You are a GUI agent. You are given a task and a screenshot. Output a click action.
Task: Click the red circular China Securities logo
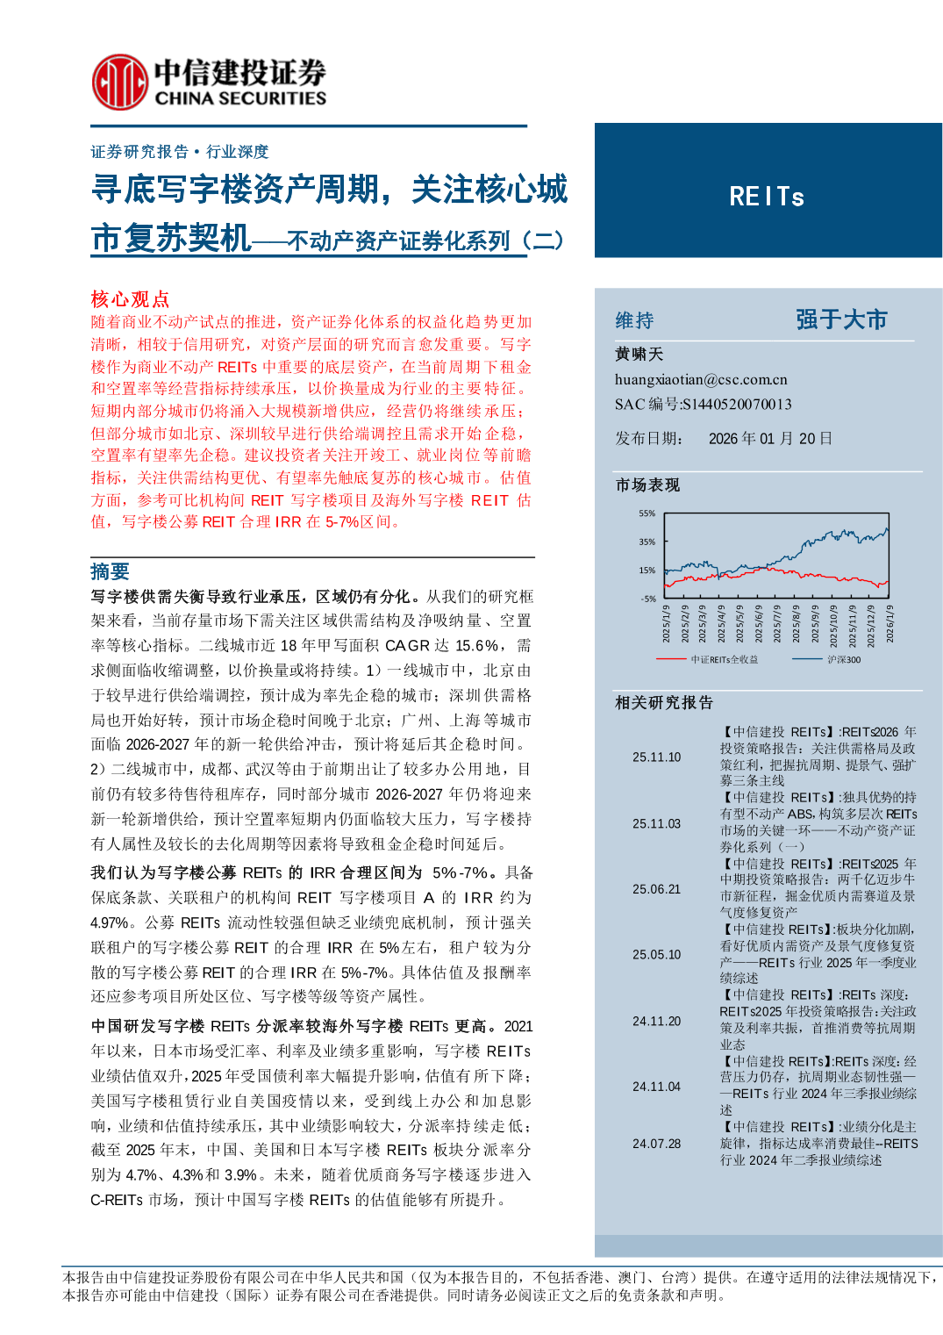pyautogui.click(x=119, y=83)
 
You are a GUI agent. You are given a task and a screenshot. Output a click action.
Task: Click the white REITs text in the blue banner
pyautogui.click(x=767, y=197)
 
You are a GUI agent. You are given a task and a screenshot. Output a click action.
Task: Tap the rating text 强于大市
pyautogui.click(x=841, y=319)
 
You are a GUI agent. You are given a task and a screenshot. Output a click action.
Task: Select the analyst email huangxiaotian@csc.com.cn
pyautogui.click(x=701, y=380)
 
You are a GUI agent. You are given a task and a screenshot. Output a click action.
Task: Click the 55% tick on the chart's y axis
pyautogui.click(x=647, y=513)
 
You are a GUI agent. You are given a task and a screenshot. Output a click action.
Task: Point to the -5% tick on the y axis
pyautogui.click(x=647, y=599)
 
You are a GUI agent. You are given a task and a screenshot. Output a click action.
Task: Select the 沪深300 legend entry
pyautogui.click(x=843, y=659)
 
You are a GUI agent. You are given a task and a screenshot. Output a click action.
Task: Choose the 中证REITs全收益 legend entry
pyautogui.click(x=723, y=659)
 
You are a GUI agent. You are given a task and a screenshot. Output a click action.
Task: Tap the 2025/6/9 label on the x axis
pyautogui.click(x=759, y=624)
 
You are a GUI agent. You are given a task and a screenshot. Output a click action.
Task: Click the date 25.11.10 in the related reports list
pyautogui.click(x=656, y=757)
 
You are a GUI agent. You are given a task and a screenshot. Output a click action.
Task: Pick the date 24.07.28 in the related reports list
pyautogui.click(x=656, y=1144)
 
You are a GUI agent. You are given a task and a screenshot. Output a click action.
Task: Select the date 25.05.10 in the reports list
pyautogui.click(x=656, y=955)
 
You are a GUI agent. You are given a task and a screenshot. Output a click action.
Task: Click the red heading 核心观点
pyautogui.click(x=130, y=299)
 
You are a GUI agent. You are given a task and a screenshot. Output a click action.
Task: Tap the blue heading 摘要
pyautogui.click(x=110, y=572)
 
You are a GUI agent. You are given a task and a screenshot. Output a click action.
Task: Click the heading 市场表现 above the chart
pyautogui.click(x=647, y=485)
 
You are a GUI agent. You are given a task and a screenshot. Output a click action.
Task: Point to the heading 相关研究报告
pyautogui.click(x=664, y=703)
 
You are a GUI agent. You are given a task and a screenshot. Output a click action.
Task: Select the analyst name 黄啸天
pyautogui.click(x=639, y=355)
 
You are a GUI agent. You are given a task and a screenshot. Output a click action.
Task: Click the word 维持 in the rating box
pyautogui.click(x=634, y=321)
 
